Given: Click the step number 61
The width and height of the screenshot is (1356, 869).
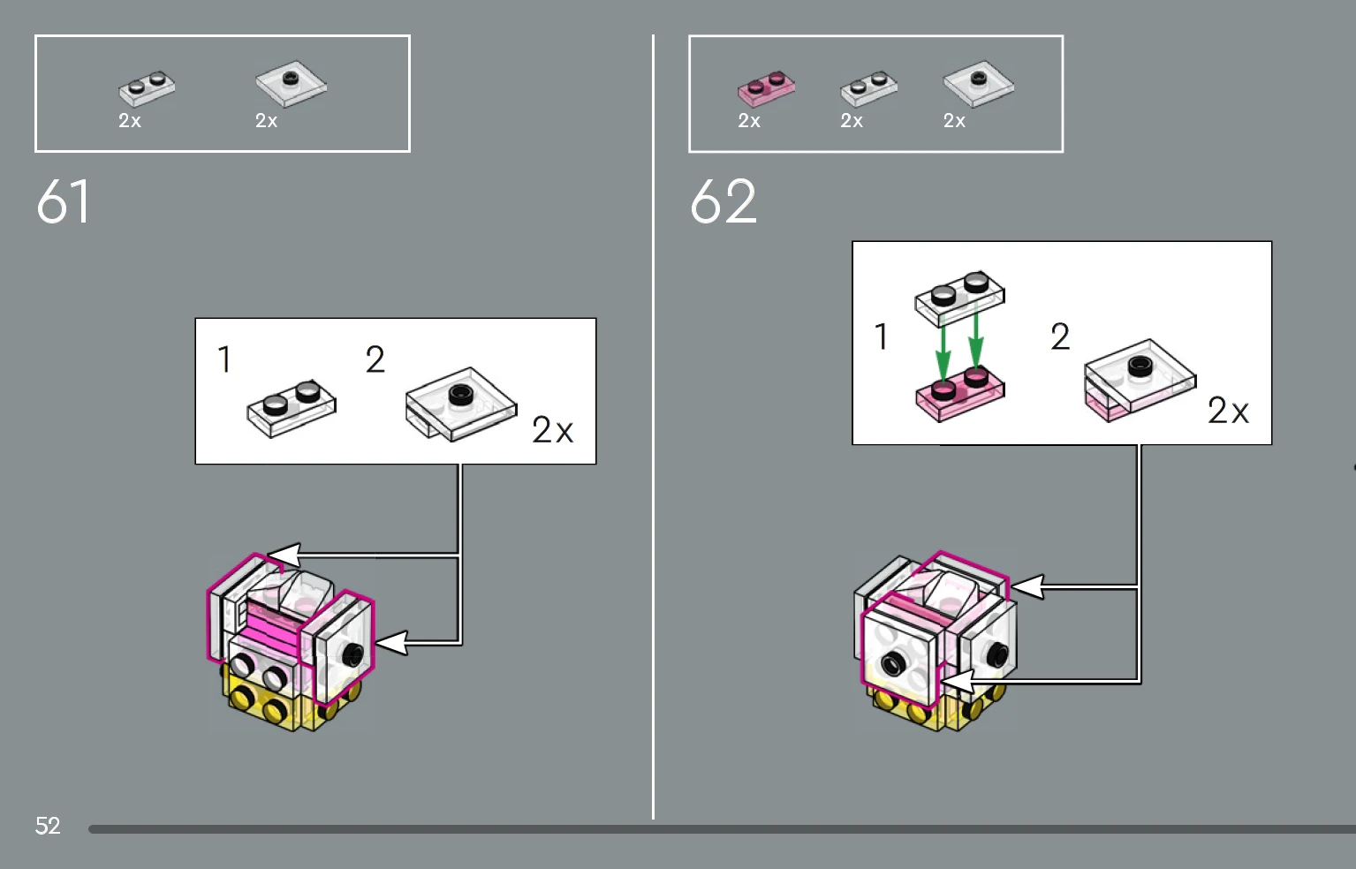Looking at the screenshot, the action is click(63, 201).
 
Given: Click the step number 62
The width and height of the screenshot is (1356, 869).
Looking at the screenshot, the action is click(723, 201).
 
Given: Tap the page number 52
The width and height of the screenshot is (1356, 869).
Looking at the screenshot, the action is click(48, 826).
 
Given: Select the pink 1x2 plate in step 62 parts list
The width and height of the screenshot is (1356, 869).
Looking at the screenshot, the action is click(766, 88).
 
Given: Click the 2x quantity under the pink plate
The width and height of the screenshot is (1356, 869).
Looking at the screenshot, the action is click(749, 121).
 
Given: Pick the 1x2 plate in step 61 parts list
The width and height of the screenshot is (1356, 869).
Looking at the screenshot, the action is click(147, 88).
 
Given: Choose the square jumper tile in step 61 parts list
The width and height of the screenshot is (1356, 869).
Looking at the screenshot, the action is click(292, 84).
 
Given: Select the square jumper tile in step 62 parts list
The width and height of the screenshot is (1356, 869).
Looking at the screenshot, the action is click(978, 84).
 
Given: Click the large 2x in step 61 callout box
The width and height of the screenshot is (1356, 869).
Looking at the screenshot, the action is click(552, 430).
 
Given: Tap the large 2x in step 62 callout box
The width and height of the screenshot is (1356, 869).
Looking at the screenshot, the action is click(1228, 411).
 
